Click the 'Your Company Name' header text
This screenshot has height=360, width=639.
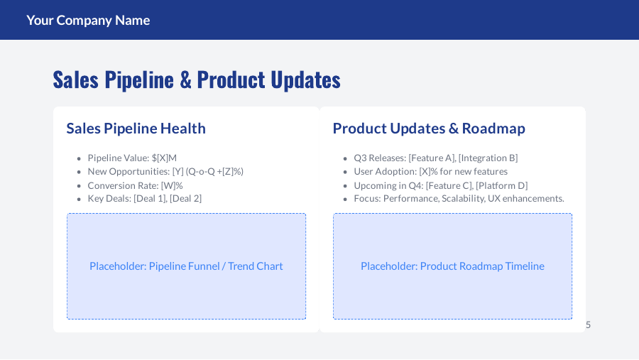tap(88, 20)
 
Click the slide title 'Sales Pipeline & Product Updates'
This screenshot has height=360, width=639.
tap(197, 80)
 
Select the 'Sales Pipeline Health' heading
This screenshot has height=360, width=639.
tap(136, 129)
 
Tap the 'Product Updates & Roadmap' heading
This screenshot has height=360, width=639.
tap(429, 129)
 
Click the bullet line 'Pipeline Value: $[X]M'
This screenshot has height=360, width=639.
tap(132, 158)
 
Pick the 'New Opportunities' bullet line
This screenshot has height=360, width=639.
tap(165, 171)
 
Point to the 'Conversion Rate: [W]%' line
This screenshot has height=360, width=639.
tap(135, 185)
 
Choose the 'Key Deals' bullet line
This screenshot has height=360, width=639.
tap(144, 199)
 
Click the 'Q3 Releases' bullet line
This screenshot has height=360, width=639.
tap(435, 158)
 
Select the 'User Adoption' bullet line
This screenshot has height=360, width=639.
tap(430, 171)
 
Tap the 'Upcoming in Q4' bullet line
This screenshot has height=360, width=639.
tap(440, 185)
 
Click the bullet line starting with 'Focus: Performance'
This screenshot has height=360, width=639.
tap(459, 199)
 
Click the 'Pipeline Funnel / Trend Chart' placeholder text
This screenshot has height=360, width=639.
tap(186, 266)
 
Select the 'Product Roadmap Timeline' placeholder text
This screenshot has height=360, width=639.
tap(452, 266)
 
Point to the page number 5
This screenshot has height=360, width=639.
tap(588, 324)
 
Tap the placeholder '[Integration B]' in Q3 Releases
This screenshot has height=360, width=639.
tap(488, 158)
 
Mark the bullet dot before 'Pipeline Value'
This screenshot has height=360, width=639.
tap(79, 158)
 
